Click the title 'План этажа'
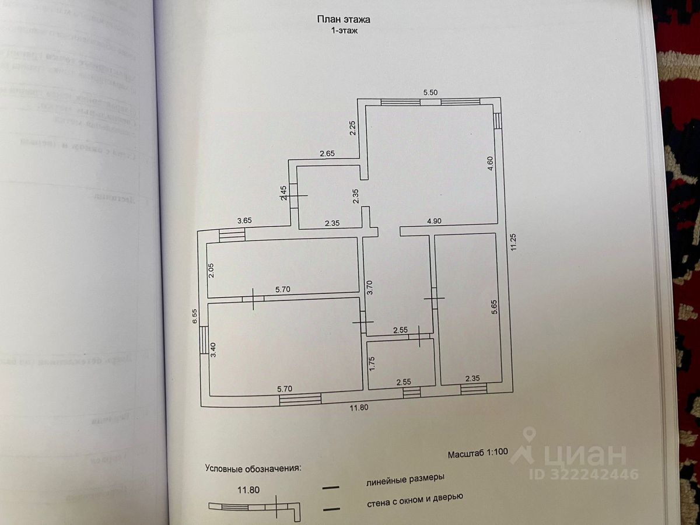coord(344,19)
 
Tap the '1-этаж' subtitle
coord(344,32)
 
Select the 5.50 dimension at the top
coord(430,92)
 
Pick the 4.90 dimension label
coord(436,221)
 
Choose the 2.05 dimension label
coord(212,271)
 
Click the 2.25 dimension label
coord(352,128)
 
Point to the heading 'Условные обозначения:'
coord(253,468)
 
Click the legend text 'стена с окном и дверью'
coord(414,498)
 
